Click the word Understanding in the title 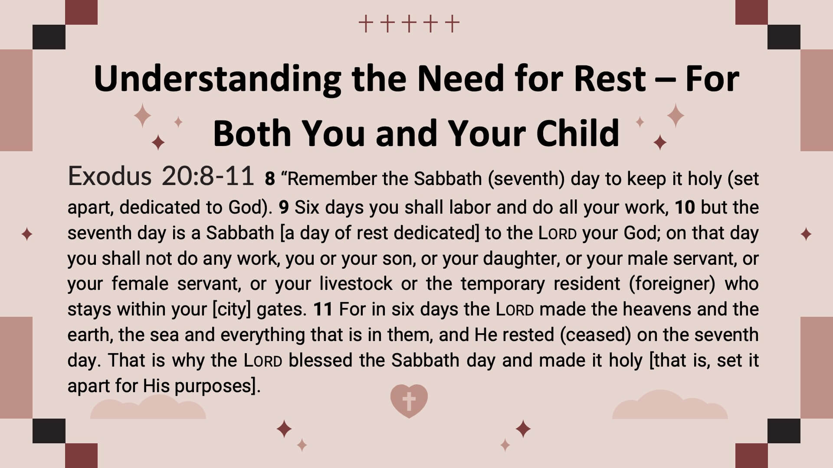[x=217, y=79]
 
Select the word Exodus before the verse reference [x=110, y=176]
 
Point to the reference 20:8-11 [x=207, y=176]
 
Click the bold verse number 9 [x=284, y=208]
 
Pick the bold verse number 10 [x=685, y=208]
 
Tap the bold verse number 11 [x=323, y=309]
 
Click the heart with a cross [x=409, y=401]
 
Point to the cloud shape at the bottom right [x=670, y=404]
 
